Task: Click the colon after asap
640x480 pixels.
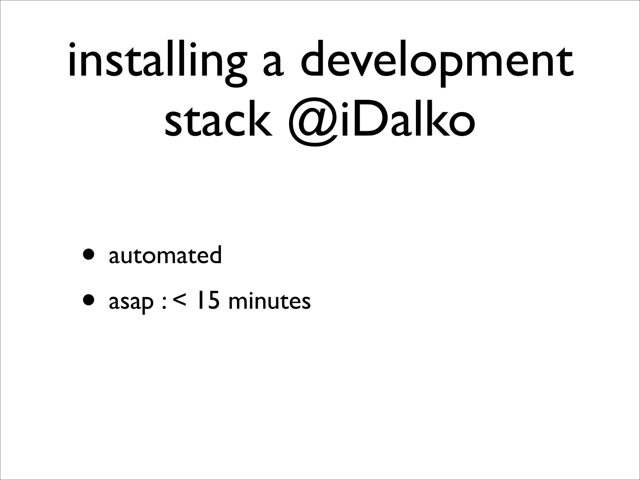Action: (x=164, y=303)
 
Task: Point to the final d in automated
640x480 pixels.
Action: (x=215, y=254)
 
